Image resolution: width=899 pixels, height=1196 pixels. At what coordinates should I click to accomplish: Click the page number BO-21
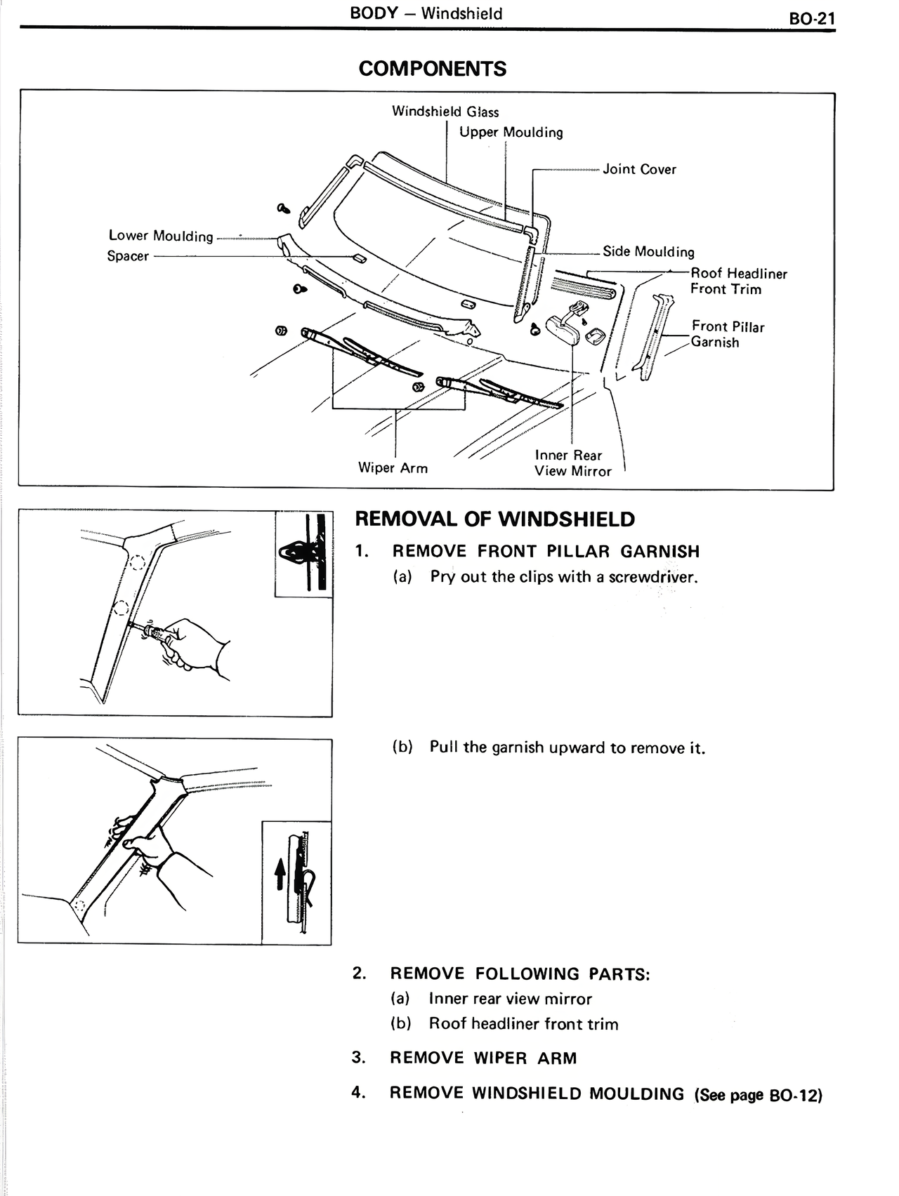(812, 18)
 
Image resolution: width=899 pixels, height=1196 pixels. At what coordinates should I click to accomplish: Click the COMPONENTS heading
(432, 69)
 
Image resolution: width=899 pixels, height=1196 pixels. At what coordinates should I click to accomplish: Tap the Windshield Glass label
(445, 112)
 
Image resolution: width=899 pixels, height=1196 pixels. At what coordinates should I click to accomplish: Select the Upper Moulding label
(511, 133)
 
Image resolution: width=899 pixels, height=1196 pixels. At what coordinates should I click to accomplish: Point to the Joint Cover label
(639, 169)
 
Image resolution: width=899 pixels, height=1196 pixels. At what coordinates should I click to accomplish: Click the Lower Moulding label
(161, 236)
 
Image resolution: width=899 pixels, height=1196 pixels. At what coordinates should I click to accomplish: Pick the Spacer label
(128, 256)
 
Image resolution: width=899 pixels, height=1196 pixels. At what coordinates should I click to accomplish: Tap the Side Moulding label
(648, 252)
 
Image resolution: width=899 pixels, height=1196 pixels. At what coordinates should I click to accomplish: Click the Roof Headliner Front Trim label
(738, 281)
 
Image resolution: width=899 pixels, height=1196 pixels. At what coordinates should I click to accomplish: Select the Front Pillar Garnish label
(727, 334)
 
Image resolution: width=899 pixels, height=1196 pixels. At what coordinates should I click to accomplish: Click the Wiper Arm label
(393, 468)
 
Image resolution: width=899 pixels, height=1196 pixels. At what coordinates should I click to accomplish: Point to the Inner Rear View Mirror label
(572, 463)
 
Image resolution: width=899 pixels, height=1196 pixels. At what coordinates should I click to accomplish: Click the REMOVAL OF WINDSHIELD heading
(494, 519)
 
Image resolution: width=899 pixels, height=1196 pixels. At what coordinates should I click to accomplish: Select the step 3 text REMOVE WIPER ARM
(483, 1058)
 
